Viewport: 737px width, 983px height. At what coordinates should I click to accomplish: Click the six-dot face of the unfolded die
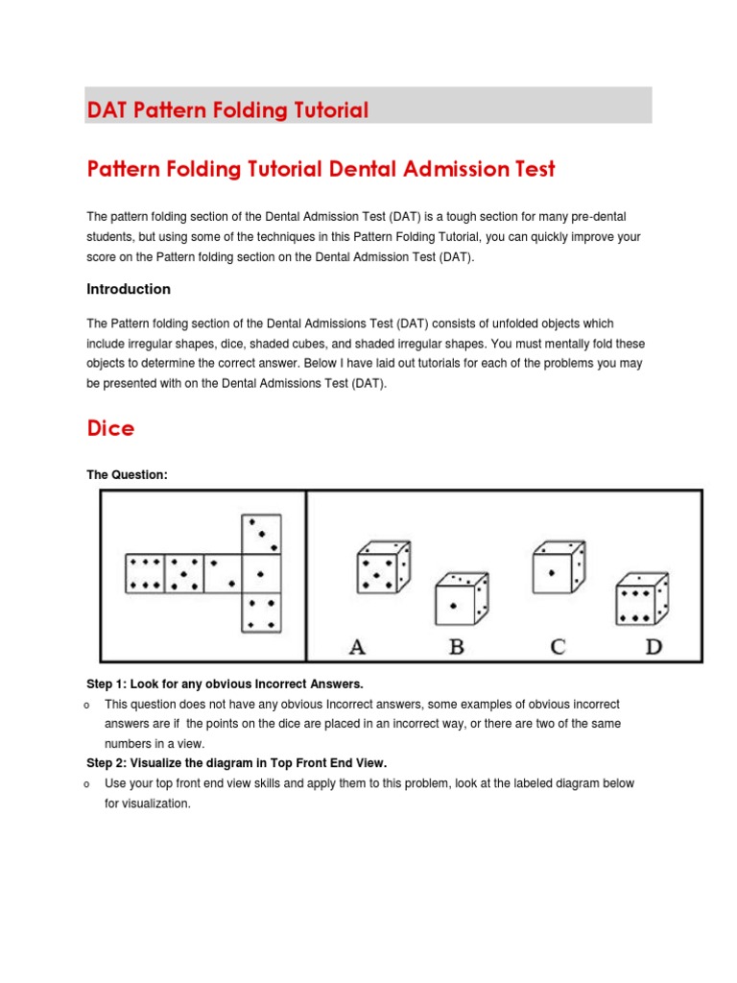pos(144,573)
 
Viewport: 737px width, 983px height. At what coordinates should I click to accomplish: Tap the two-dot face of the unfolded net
pos(222,573)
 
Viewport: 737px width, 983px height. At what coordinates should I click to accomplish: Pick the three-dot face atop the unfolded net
pos(261,534)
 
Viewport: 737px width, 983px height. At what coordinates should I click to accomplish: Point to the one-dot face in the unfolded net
pos(261,573)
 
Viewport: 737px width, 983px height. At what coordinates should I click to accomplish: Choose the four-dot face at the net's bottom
pos(261,612)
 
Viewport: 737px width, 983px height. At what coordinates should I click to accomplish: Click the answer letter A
pos(357,647)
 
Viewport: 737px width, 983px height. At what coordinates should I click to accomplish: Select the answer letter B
pos(457,647)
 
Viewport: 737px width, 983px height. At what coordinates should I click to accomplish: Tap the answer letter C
pos(558,647)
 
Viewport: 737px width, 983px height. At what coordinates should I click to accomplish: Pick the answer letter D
pos(654,647)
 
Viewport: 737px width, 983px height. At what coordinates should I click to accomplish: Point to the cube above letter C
pos(559,568)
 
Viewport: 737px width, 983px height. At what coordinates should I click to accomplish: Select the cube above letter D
pos(641,599)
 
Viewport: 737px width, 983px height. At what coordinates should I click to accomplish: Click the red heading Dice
pos(110,428)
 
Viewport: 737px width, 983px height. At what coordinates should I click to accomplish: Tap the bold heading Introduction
pos(129,289)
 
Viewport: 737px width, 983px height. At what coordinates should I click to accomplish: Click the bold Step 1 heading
pos(226,683)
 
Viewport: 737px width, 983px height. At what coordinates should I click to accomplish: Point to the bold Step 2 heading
pos(236,763)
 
